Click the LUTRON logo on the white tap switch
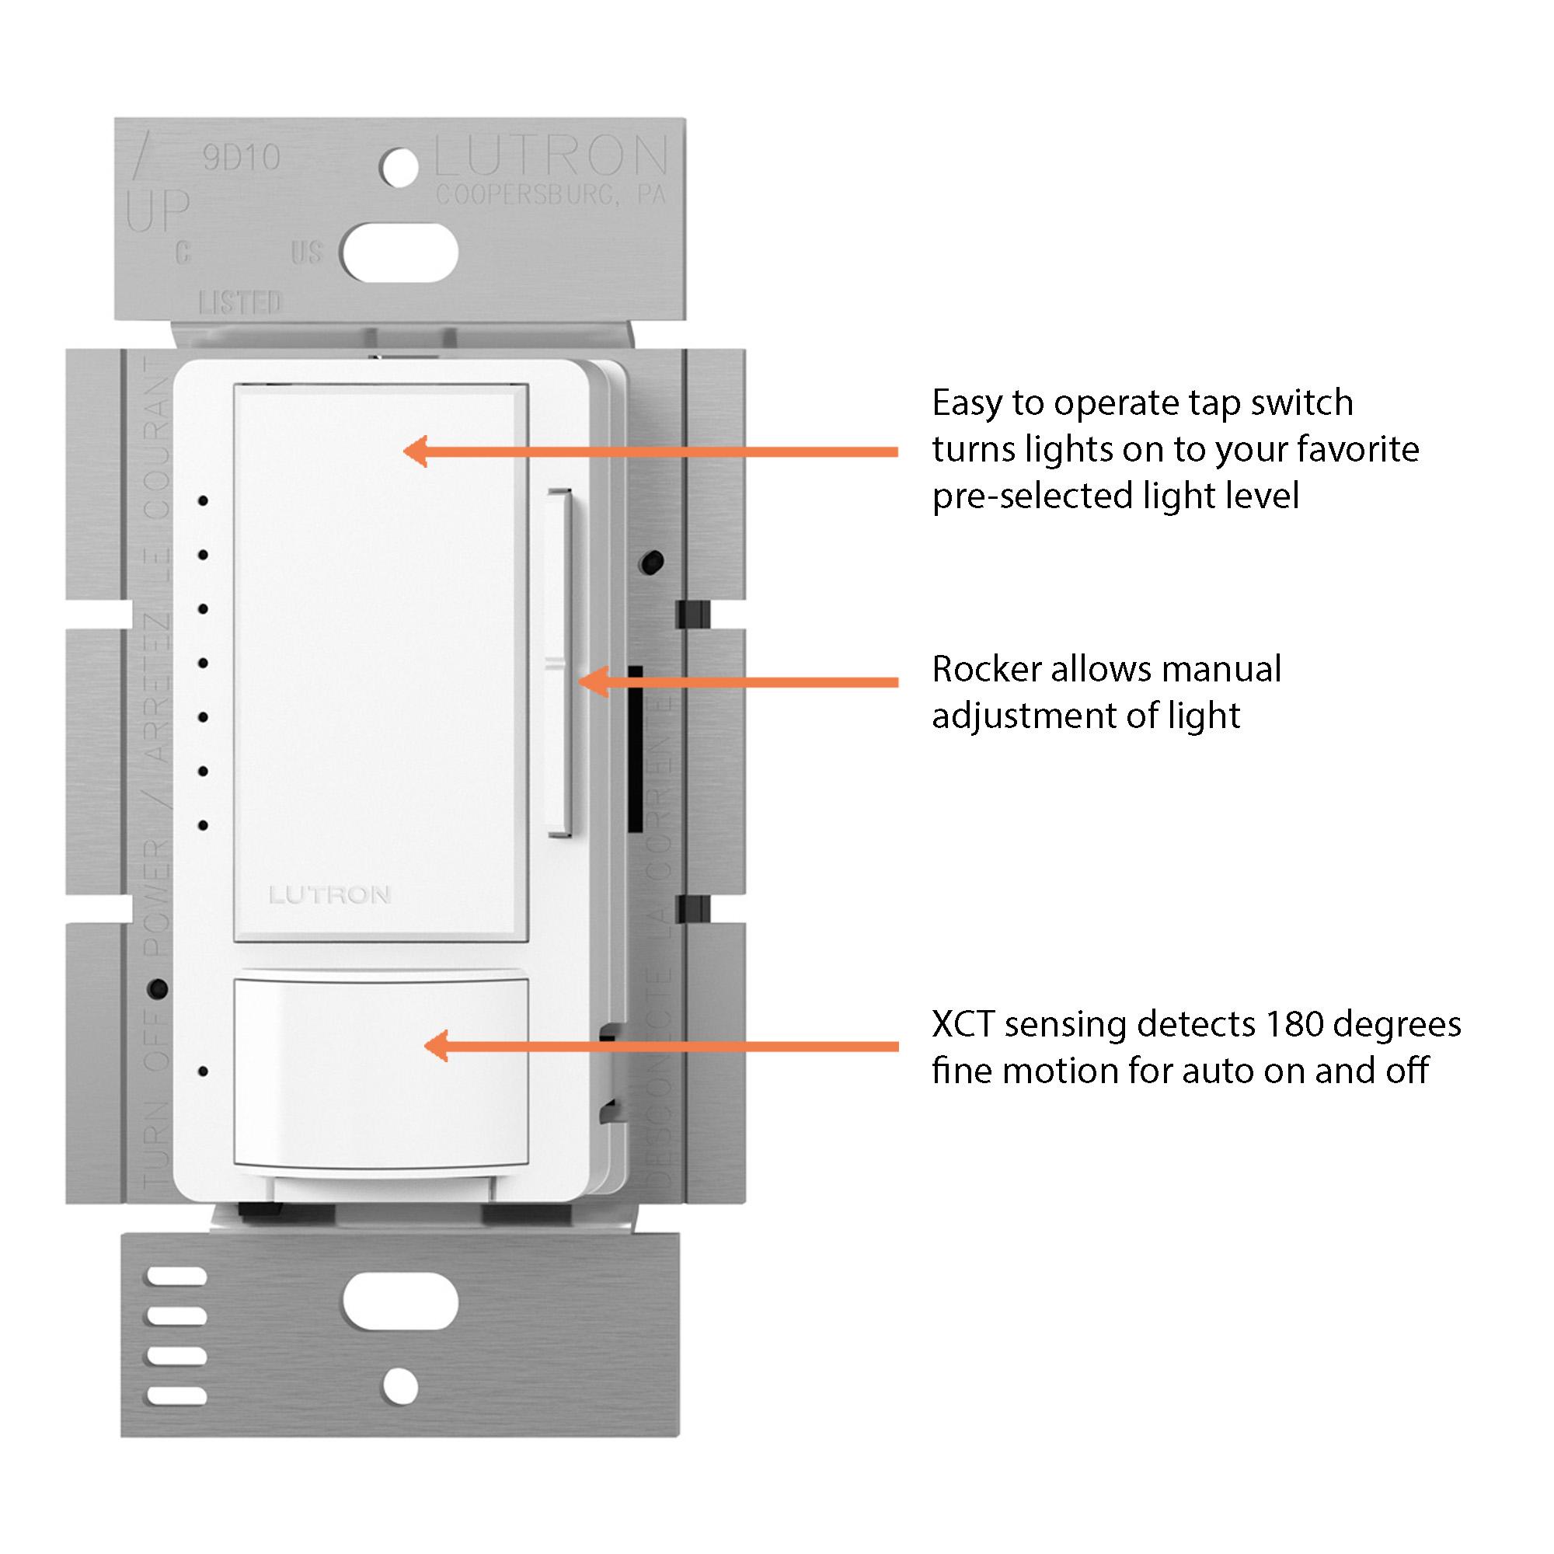point(329,895)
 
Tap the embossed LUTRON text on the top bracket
point(551,157)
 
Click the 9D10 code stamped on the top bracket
point(242,159)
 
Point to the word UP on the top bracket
point(158,211)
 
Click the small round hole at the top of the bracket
point(399,168)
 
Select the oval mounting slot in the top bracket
point(399,253)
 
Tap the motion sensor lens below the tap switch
point(382,1073)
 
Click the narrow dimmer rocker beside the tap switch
point(561,664)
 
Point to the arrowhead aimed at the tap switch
point(415,451)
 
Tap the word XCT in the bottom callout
point(962,1025)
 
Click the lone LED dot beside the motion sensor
point(204,1072)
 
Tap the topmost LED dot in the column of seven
point(204,501)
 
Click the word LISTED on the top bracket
point(239,302)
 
